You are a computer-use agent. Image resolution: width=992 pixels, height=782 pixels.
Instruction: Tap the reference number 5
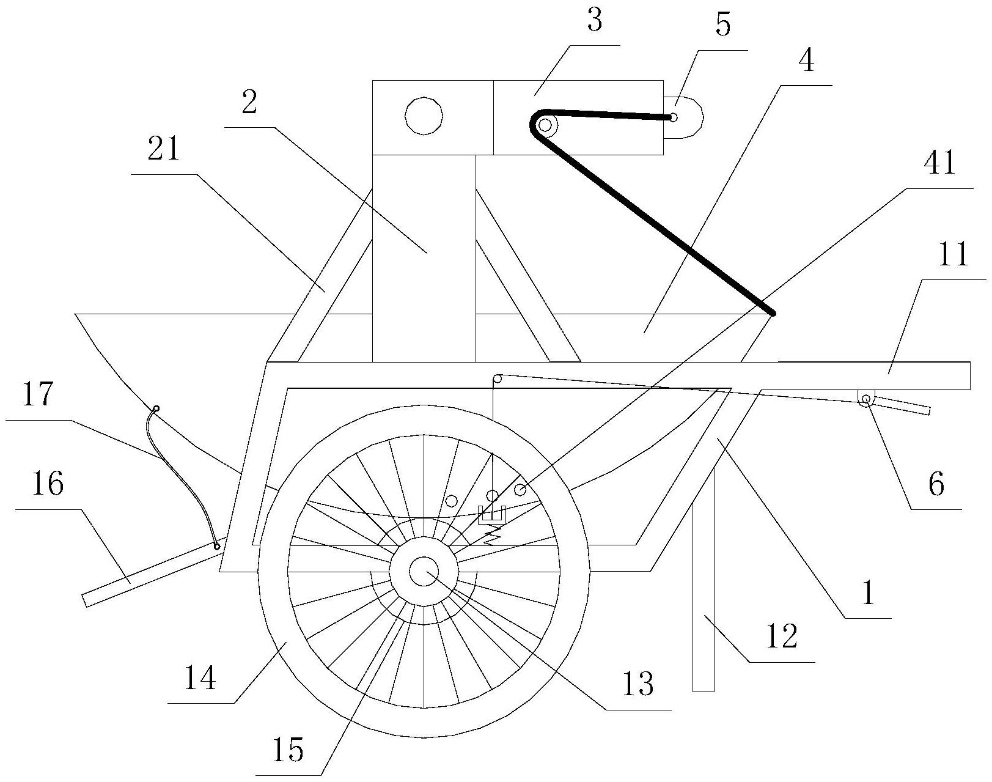722,26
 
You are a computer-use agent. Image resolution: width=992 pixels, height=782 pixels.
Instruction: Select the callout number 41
941,164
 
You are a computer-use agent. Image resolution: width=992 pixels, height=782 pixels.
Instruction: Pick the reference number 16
48,484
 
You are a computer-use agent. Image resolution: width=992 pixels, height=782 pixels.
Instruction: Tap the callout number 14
199,678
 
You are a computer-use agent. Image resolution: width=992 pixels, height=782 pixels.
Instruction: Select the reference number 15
288,750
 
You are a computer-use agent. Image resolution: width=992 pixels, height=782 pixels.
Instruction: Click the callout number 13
638,685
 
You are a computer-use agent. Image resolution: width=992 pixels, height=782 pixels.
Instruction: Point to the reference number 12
781,637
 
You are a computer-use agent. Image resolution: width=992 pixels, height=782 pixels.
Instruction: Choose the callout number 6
936,485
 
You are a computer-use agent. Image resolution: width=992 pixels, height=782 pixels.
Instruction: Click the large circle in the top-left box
424,115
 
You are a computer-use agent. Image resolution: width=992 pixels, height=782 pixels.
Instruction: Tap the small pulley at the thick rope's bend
545,126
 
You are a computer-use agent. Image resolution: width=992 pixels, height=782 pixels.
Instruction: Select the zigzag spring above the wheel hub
493,536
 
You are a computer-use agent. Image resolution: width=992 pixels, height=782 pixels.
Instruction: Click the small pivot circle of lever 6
865,399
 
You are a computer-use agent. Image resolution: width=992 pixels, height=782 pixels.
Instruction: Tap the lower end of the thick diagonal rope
772,313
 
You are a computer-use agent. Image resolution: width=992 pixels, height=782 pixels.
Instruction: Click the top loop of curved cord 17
156,408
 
